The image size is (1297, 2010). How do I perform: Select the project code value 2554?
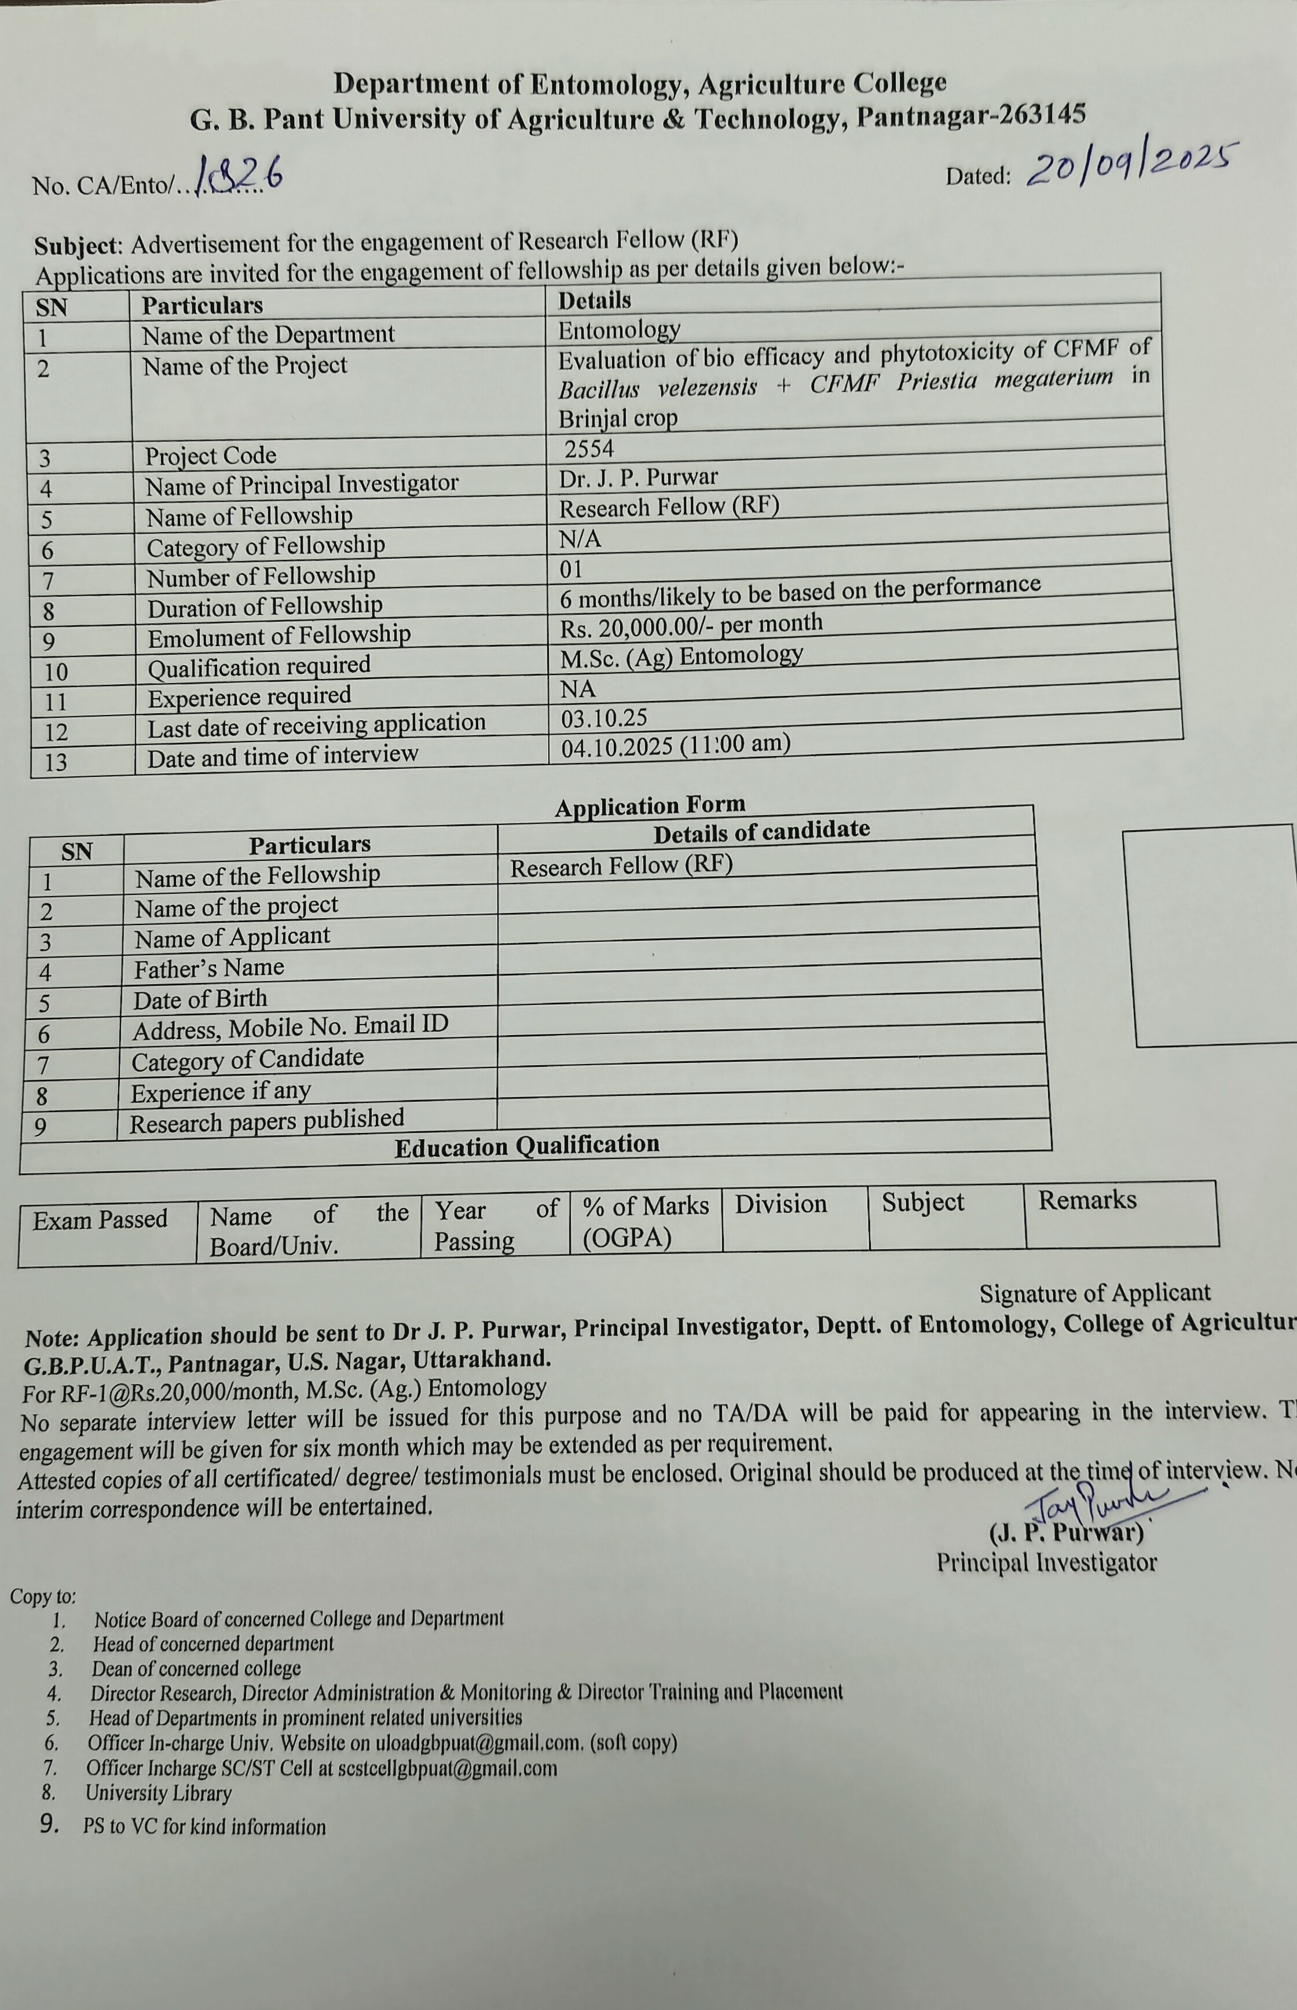(x=589, y=449)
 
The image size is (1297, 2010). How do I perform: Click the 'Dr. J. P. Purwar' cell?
(x=639, y=478)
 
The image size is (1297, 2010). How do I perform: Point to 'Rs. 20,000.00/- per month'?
(x=691, y=626)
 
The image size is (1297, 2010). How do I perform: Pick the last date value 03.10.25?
(x=604, y=718)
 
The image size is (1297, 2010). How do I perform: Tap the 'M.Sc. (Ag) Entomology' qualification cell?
(x=682, y=656)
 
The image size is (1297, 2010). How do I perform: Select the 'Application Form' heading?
(x=649, y=806)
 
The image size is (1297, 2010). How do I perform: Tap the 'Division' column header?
(x=781, y=1204)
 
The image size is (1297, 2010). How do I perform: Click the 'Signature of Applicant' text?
(x=1094, y=1293)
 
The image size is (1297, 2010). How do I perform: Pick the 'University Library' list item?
(x=158, y=1793)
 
